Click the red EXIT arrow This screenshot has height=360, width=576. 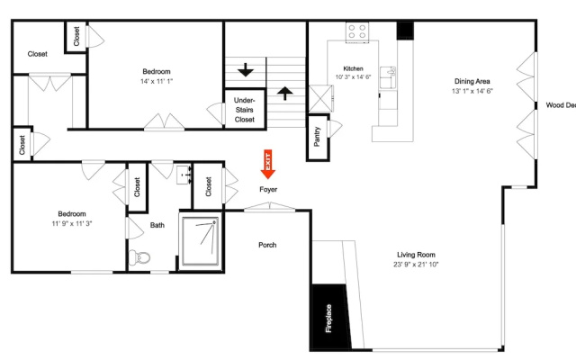[268, 164]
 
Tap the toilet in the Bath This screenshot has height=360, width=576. [139, 257]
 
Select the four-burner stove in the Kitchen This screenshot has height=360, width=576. [357, 32]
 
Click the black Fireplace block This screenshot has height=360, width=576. [329, 317]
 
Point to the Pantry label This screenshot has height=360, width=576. [317, 137]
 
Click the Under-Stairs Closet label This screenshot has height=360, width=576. [245, 110]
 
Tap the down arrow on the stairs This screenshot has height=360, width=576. [246, 70]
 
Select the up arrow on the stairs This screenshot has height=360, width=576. [285, 94]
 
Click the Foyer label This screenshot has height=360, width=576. [268, 190]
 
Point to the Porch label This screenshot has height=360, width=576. [267, 245]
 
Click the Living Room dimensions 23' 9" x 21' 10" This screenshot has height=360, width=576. [416, 265]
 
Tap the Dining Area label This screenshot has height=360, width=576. [472, 82]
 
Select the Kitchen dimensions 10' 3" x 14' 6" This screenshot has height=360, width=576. [353, 77]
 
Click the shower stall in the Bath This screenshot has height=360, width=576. [201, 241]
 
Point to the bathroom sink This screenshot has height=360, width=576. [184, 175]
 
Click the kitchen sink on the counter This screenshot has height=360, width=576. [388, 77]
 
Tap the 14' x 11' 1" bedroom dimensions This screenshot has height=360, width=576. [157, 81]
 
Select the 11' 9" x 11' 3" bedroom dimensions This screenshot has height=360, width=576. [72, 223]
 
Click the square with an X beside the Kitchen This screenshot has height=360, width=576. [320, 98]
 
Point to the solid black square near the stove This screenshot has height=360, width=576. [405, 31]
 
